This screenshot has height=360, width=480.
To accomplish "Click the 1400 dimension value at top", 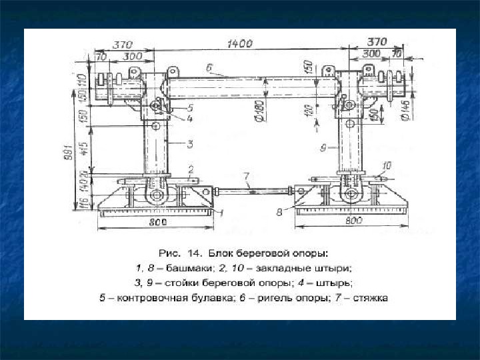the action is [239, 44].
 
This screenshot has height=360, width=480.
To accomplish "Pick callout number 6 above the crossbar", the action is [209, 68].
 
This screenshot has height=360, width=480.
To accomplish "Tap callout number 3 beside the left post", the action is [189, 143].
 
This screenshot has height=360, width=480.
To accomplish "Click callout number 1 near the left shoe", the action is [222, 212].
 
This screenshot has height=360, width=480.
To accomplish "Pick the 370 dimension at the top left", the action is [121, 45].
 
